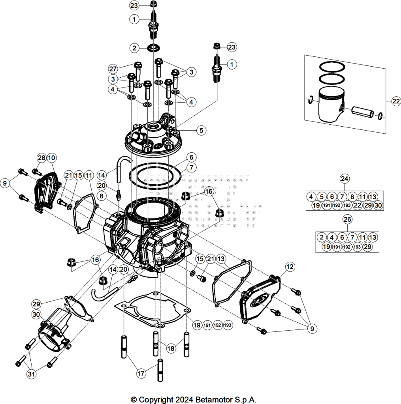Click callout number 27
pos(113,69)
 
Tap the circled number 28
pos(41,158)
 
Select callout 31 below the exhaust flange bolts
pos(31,374)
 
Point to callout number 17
pos(141,373)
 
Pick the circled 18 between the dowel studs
pos(171,348)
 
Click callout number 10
pos(52,158)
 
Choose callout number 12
pos(290,267)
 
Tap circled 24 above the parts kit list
pos(345,179)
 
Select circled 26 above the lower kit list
pos(347,219)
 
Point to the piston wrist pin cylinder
pos(362,112)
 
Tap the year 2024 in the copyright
pos(184,400)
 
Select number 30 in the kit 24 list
pos(378,205)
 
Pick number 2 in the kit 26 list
pos(322,237)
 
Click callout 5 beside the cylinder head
pos(201,130)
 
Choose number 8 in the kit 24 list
pos(352,196)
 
